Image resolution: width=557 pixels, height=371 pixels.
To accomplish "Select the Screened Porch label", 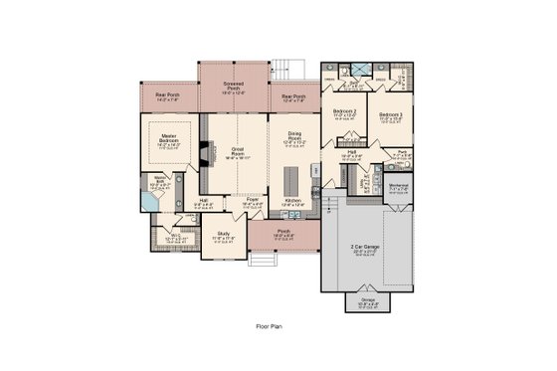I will point(234,87).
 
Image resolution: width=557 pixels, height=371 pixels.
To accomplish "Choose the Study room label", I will point(224,236).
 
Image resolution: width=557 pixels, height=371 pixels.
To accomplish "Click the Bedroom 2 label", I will point(344,111).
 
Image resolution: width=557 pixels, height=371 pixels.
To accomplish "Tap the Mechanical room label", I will point(399,185).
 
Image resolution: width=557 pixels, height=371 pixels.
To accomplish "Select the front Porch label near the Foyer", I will point(284,234).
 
